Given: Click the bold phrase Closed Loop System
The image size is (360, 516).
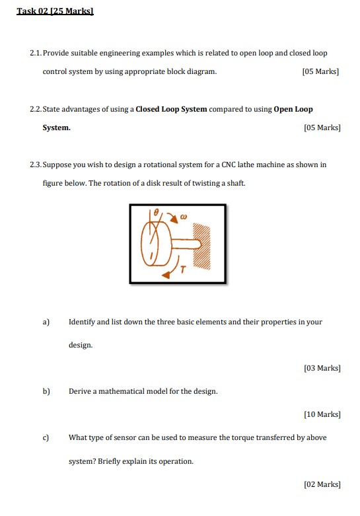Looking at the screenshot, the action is click(171, 109).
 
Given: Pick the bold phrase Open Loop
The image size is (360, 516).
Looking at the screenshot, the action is click(293, 109).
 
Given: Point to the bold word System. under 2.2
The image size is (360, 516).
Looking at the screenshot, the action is click(57, 128).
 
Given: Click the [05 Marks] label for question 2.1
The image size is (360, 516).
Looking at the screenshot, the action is click(320, 71).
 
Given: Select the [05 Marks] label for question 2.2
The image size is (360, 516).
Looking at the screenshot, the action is click(320, 128).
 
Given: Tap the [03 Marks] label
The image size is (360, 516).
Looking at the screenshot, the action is click(322, 368).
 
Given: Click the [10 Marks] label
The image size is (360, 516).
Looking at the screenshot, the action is click(322, 414).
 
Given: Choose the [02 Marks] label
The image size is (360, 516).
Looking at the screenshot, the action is click(322, 484).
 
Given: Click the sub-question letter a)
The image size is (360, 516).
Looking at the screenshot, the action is click(46, 322).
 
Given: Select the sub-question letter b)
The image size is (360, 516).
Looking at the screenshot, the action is click(46, 391).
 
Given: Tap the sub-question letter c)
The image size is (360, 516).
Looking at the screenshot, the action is click(46, 437).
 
